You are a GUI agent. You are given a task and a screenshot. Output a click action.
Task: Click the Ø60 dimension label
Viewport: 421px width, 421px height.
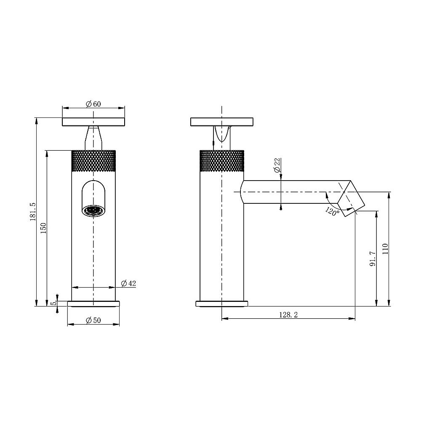93,104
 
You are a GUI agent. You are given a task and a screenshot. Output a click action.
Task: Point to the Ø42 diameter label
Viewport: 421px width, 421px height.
128,283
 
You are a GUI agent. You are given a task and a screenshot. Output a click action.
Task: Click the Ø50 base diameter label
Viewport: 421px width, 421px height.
93,320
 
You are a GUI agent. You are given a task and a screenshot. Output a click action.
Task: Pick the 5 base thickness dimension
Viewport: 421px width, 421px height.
53,304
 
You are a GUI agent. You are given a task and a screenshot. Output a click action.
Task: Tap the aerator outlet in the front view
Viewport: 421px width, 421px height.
93,210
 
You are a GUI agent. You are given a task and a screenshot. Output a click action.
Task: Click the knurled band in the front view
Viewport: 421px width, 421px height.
93,161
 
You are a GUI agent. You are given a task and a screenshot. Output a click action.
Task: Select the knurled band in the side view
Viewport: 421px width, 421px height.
221,161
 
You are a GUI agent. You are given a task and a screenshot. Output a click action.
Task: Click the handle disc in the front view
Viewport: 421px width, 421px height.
93,122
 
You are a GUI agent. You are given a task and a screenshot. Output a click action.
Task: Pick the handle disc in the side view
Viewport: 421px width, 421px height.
221,122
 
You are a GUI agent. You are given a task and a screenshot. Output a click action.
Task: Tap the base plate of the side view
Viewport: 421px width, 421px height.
221,304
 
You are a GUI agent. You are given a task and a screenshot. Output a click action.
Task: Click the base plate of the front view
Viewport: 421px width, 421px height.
93,304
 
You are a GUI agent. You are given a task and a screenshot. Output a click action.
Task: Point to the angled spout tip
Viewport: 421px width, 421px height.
350,198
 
